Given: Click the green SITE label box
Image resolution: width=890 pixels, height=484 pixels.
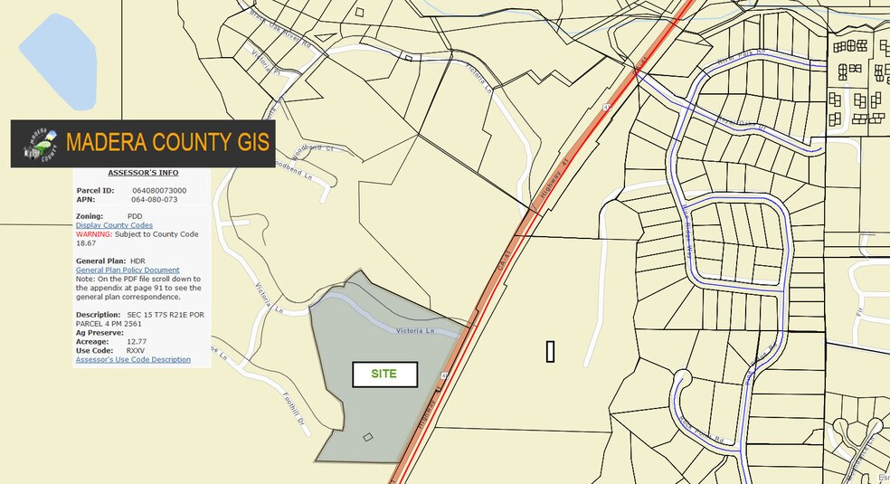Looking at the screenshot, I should tap(383, 374).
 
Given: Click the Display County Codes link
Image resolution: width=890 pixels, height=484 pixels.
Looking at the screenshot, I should tap(114, 225).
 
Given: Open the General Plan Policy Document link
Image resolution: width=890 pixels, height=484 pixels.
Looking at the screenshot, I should tap(128, 270).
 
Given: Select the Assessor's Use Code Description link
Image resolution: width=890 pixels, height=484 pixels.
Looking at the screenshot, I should tap(133, 359).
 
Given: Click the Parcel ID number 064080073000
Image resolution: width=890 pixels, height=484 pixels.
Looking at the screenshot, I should tap(159, 191).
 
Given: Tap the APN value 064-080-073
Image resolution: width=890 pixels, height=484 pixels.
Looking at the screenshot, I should tap(154, 200).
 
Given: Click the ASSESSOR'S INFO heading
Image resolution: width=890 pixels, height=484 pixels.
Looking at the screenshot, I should tap(143, 173).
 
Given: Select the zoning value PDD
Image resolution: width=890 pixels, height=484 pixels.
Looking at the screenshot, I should tap(135, 216).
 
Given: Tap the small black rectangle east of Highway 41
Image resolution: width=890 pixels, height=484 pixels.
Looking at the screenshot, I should tap(550, 352).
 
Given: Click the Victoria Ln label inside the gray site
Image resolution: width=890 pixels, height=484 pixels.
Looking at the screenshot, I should tap(416, 331).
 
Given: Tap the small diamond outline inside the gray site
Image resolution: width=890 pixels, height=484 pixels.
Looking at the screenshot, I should tap(367, 438).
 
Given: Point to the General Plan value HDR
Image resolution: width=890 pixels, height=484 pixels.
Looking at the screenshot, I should tap(137, 261).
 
